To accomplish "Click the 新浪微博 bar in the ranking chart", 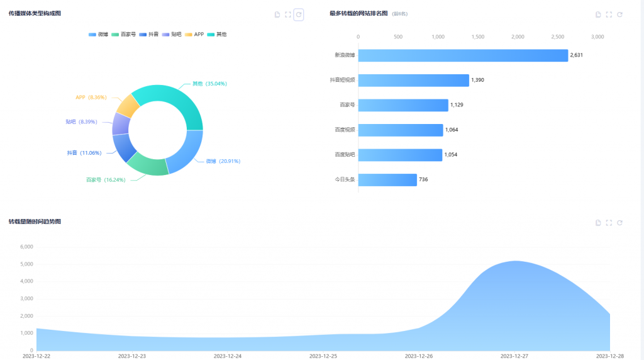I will (463, 55).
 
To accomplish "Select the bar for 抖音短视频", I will (414, 80).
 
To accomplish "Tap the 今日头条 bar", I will (387, 180).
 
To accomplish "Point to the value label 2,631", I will (577, 55).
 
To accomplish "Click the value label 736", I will (423, 180).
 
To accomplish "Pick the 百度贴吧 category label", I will (345, 155).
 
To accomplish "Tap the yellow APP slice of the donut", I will (128, 104).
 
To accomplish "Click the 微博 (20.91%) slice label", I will (223, 161).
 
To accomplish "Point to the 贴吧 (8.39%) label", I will (81, 121).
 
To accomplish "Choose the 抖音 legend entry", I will (149, 34).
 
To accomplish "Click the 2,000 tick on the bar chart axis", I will (518, 37).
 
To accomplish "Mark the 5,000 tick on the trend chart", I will (26, 264).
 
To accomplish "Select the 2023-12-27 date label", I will (514, 356).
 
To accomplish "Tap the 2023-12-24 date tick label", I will (228, 356).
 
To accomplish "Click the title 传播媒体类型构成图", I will (35, 13).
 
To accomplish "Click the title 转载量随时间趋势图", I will (35, 222).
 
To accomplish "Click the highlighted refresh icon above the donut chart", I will (299, 14).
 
